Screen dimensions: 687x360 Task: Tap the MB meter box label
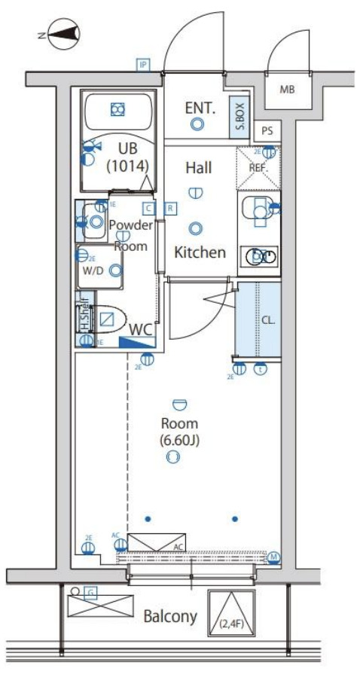pos(286,90)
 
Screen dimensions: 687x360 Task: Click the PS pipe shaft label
pos(267,130)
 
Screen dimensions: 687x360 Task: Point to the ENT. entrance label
pos(200,108)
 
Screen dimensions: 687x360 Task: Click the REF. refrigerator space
pos(258,167)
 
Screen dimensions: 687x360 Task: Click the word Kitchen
pos(200,252)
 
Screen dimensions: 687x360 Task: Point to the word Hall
pos(198,167)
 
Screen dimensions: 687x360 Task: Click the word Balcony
pos(170,617)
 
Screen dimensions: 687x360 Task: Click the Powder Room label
pos(130,234)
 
